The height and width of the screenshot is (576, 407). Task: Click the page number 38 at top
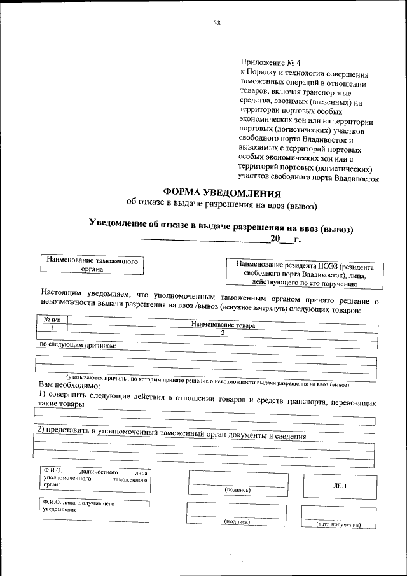coord(217,24)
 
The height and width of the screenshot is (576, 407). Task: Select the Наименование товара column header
coord(223,325)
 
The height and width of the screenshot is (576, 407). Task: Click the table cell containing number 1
coord(50,326)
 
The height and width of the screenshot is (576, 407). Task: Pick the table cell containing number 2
coord(223,332)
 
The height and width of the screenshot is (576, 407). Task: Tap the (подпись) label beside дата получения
coord(237,521)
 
